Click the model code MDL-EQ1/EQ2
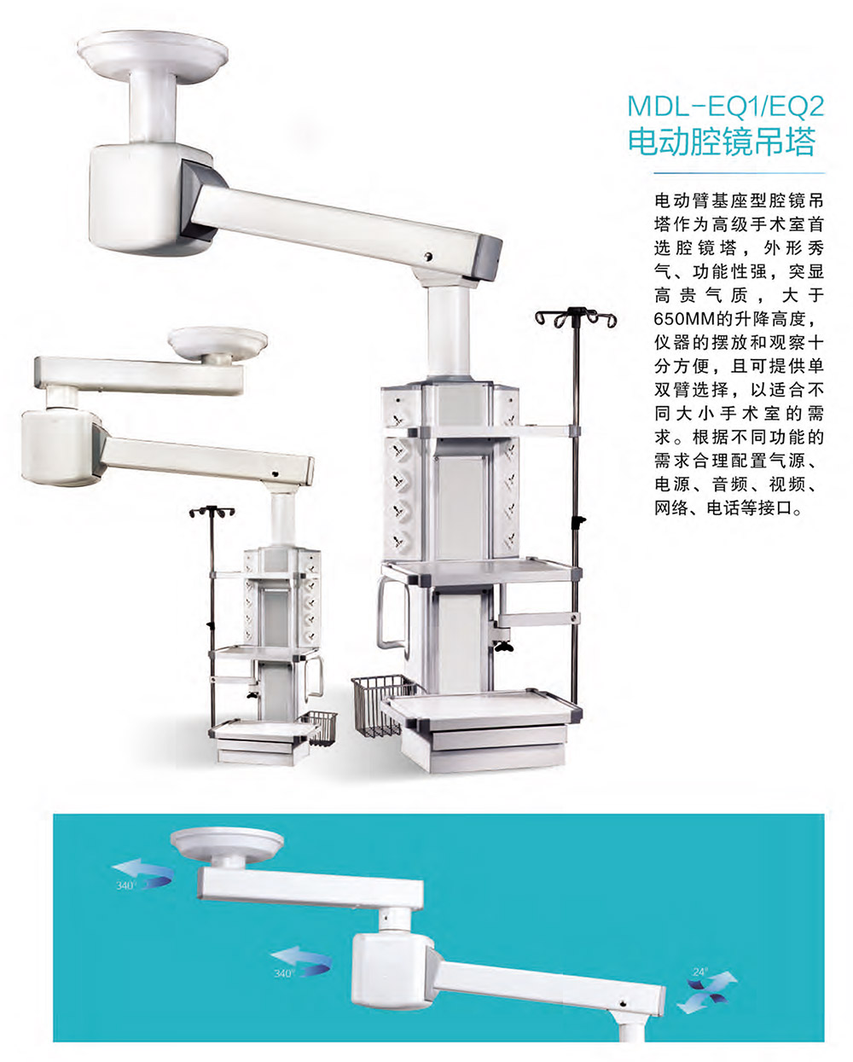[x=726, y=106]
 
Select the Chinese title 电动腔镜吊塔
[x=721, y=142]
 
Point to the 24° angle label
[x=699, y=972]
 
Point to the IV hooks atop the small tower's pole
[x=212, y=512]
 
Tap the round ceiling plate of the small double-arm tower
[x=218, y=342]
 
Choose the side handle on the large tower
[x=392, y=613]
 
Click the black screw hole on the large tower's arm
[x=429, y=256]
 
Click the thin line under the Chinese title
[x=739, y=173]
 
